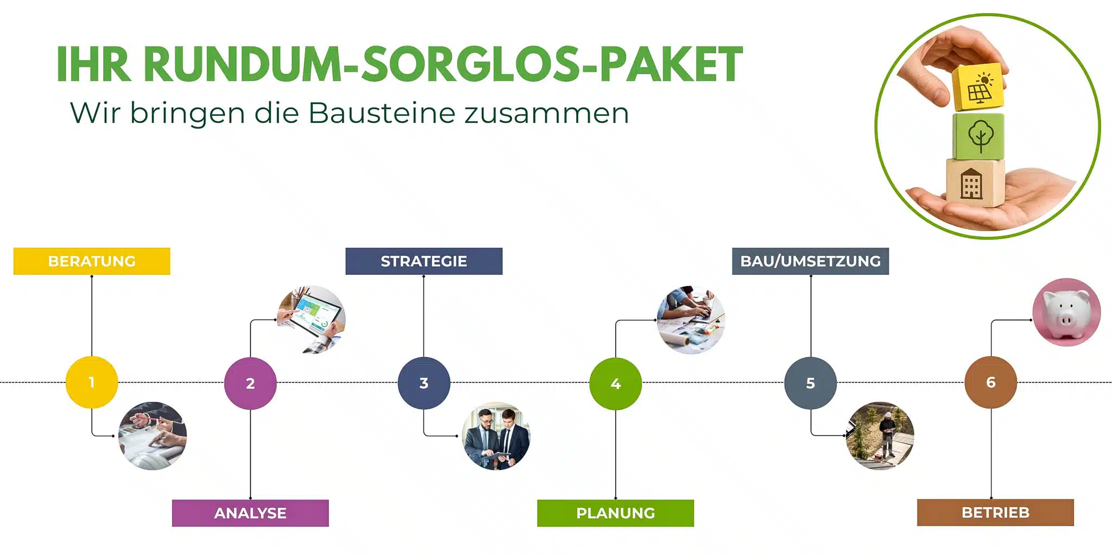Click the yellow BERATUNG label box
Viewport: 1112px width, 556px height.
click(x=92, y=261)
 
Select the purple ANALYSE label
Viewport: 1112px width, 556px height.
click(x=250, y=513)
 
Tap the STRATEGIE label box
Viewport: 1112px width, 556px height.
click(x=424, y=261)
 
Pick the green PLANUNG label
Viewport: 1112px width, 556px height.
click(x=616, y=513)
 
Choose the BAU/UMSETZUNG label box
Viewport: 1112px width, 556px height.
click(x=811, y=261)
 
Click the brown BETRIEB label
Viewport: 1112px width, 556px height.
click(x=996, y=513)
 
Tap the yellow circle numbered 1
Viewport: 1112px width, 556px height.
click(x=92, y=382)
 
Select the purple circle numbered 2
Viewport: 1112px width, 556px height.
click(x=250, y=383)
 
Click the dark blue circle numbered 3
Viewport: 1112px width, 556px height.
click(x=424, y=383)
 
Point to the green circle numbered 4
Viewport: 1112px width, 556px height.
click(x=616, y=383)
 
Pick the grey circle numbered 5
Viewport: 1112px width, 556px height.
click(x=811, y=383)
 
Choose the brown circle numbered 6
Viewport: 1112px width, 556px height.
click(x=991, y=382)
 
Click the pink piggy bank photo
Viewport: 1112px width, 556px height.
click(x=1067, y=312)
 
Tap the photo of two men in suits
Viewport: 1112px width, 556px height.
click(x=496, y=436)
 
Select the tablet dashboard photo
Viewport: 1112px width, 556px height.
click(x=311, y=320)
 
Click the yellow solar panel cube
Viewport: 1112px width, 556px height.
click(x=978, y=87)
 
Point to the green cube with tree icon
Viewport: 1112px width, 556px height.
click(x=979, y=136)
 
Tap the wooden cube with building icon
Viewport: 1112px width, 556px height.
click(x=975, y=183)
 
